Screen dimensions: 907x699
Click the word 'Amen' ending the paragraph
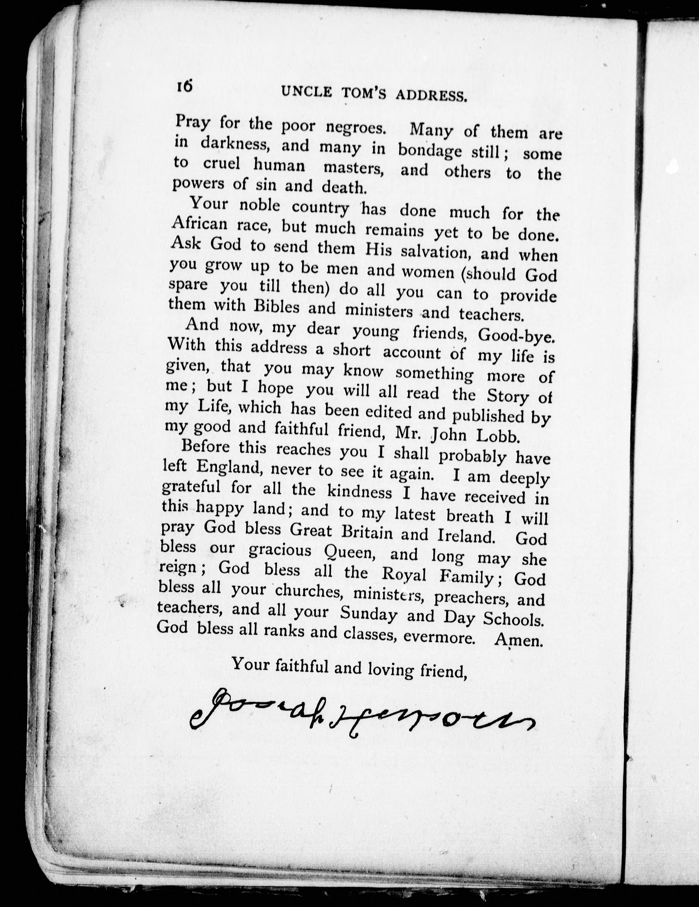point(519,641)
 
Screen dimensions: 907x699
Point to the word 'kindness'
point(360,492)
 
